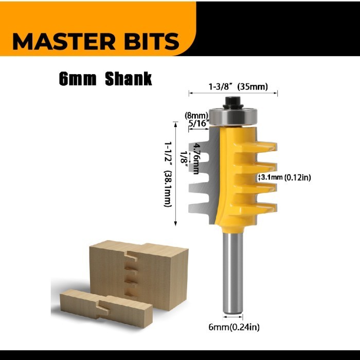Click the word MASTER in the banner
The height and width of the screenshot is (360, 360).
click(x=64, y=41)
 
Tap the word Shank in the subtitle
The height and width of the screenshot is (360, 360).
click(x=129, y=79)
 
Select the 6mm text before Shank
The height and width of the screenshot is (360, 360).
click(x=77, y=79)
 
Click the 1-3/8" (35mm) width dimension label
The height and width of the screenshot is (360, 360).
click(x=238, y=87)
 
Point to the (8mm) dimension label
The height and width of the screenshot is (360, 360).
click(x=196, y=115)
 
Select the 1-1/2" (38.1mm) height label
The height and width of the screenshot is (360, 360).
click(x=168, y=174)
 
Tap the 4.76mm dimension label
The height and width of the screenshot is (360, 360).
click(x=196, y=158)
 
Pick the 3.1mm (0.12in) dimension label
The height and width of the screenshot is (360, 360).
click(x=286, y=177)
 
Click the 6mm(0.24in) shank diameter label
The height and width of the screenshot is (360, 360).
click(x=234, y=327)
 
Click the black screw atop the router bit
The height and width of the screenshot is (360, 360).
click(x=233, y=102)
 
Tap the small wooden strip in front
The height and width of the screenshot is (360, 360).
click(x=106, y=307)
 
